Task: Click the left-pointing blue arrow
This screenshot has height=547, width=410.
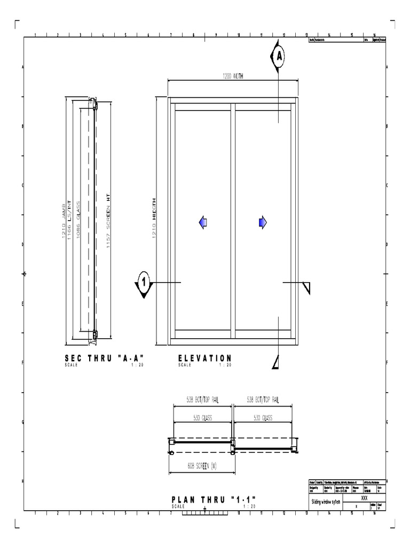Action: [x=203, y=223]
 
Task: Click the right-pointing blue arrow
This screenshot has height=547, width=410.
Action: [x=262, y=223]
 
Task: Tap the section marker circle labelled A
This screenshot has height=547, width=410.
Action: [x=279, y=56]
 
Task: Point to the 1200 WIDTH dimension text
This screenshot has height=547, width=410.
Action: [x=233, y=76]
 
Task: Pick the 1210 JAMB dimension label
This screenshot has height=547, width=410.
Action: [x=65, y=219]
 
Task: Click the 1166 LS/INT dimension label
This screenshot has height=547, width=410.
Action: [x=70, y=219]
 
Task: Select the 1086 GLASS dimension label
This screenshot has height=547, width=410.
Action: [x=78, y=219]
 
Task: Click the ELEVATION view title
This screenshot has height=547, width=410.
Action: [x=205, y=358]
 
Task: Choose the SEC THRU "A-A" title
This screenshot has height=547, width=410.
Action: [x=104, y=358]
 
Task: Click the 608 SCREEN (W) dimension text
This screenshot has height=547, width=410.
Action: [x=201, y=465]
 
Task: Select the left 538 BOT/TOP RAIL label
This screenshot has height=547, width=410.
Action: [x=202, y=400]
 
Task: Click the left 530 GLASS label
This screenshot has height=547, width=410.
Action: [x=202, y=418]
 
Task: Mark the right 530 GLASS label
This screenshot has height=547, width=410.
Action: [x=263, y=418]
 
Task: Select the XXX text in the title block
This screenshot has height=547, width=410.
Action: [x=365, y=497]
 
